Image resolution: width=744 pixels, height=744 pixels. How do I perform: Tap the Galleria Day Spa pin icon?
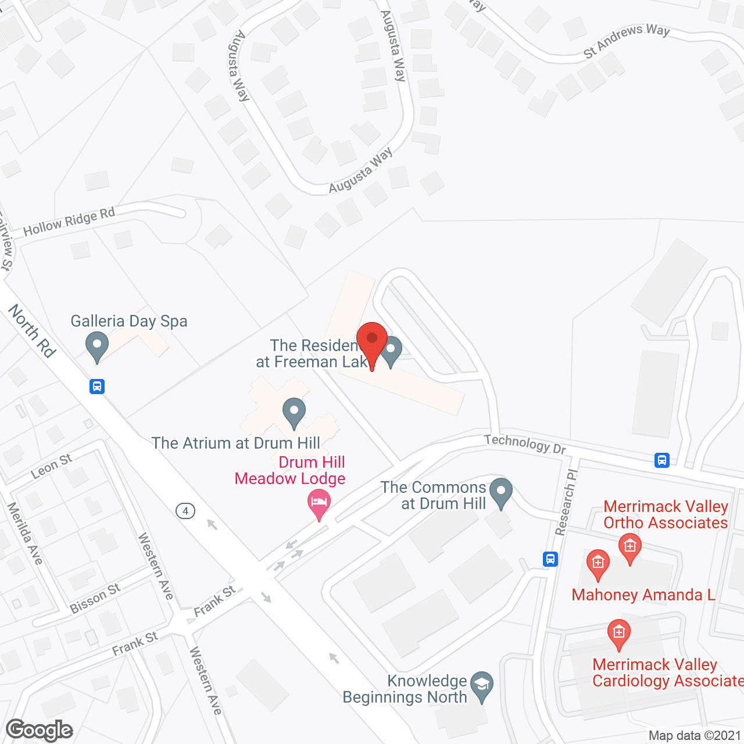coord(97,346)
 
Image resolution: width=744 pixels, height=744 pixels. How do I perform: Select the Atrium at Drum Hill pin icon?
coord(294,412)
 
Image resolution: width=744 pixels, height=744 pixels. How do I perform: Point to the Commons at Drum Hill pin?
coord(501,493)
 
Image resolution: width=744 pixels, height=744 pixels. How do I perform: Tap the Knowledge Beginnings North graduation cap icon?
coord(481,686)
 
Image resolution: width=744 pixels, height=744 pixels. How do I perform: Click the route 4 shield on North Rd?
coord(185,511)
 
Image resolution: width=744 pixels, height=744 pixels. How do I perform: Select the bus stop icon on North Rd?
coord(97,386)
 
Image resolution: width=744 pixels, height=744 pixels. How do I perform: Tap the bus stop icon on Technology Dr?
coord(661,460)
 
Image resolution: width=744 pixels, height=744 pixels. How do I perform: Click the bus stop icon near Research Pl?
coord(550,559)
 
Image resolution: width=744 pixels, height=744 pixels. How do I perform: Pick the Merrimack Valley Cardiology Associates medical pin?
coord(618,634)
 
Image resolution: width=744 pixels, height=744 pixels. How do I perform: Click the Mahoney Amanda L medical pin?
coord(598,564)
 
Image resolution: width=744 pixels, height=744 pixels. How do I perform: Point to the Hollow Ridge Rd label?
coord(69,221)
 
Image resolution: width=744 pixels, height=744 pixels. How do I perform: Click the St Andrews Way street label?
coord(627,41)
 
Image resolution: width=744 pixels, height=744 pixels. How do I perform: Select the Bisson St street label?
coord(95,598)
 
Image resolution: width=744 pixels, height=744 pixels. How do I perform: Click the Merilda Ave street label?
coord(25,534)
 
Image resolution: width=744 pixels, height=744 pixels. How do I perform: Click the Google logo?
coord(40,730)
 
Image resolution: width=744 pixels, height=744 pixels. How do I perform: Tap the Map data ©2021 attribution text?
coord(695,736)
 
